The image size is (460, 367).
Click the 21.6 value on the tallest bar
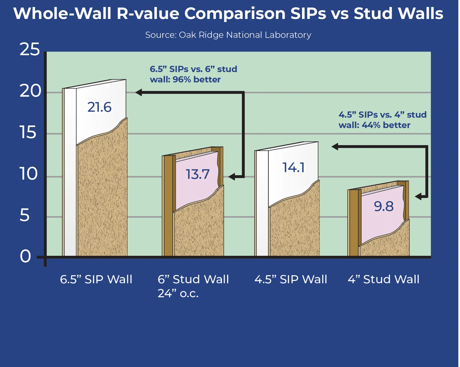pos(99,107)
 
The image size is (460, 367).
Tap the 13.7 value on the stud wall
pos(198,174)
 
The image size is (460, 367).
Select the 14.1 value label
pos(293,168)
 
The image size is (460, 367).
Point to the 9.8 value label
pos(384,206)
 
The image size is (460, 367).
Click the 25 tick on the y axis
pos(30,49)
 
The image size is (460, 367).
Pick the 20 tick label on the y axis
pos(30,91)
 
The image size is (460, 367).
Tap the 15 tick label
pos(28,132)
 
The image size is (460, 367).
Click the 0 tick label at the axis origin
pos(25,256)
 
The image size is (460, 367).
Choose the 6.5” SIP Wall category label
pos(96,279)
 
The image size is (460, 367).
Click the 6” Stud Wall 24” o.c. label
pos(193,286)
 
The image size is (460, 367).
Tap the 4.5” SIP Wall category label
pos(291,279)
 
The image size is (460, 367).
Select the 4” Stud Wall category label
pos(384,279)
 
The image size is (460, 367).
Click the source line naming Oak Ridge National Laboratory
pos(228,35)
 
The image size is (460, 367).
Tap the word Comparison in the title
pos(235,14)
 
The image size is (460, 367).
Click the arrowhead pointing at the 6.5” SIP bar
pos(139,92)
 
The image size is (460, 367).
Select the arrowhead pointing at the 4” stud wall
pos(418,197)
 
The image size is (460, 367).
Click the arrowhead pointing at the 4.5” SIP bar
pos(335,147)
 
